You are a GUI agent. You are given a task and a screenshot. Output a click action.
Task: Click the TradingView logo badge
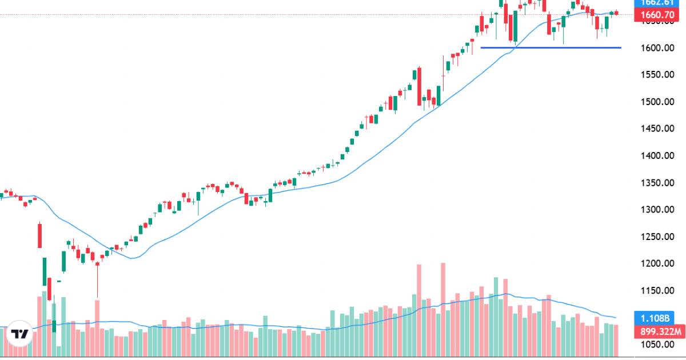pyautogui.click(x=20, y=334)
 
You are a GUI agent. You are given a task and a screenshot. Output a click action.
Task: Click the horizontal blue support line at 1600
pyautogui.click(x=549, y=47)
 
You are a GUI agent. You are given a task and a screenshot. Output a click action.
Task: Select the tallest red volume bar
pyautogui.click(x=442, y=309)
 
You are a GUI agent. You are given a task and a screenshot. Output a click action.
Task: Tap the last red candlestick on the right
pyautogui.click(x=616, y=13)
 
